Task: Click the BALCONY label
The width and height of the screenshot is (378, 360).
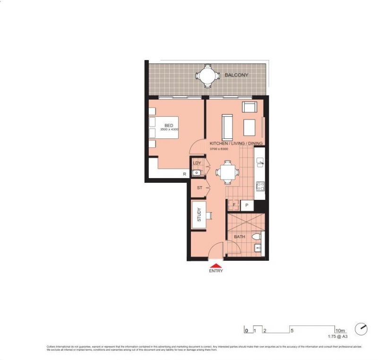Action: (236, 75)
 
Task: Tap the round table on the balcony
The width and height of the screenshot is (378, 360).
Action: (208, 76)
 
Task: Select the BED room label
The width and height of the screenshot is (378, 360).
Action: (169, 125)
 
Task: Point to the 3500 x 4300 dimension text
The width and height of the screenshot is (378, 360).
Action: (169, 129)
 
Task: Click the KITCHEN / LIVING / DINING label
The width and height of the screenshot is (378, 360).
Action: (236, 143)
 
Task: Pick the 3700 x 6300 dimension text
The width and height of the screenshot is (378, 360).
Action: (219, 149)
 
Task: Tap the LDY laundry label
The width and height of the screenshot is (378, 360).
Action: (197, 163)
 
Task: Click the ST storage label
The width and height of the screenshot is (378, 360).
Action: (199, 188)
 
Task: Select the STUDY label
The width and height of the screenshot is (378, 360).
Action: (199, 215)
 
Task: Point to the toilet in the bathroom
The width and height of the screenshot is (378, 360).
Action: (257, 236)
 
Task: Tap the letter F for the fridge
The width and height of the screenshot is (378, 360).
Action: (234, 206)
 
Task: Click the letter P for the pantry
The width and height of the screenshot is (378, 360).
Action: (247, 206)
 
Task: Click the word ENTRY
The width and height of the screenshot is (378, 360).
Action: (215, 271)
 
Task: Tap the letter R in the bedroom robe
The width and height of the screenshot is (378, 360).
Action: (185, 174)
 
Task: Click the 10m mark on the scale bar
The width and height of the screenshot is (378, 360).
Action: (340, 331)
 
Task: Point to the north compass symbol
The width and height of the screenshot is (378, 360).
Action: (362, 327)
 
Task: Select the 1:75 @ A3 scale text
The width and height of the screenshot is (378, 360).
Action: (338, 337)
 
